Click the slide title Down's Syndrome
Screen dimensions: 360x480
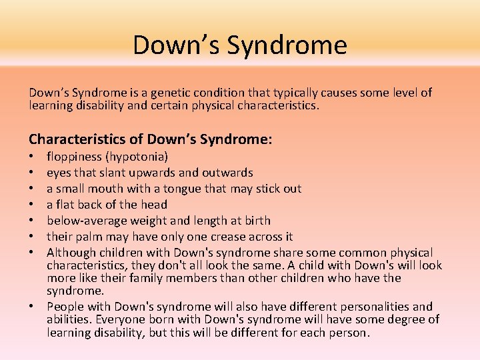point(240,45)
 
